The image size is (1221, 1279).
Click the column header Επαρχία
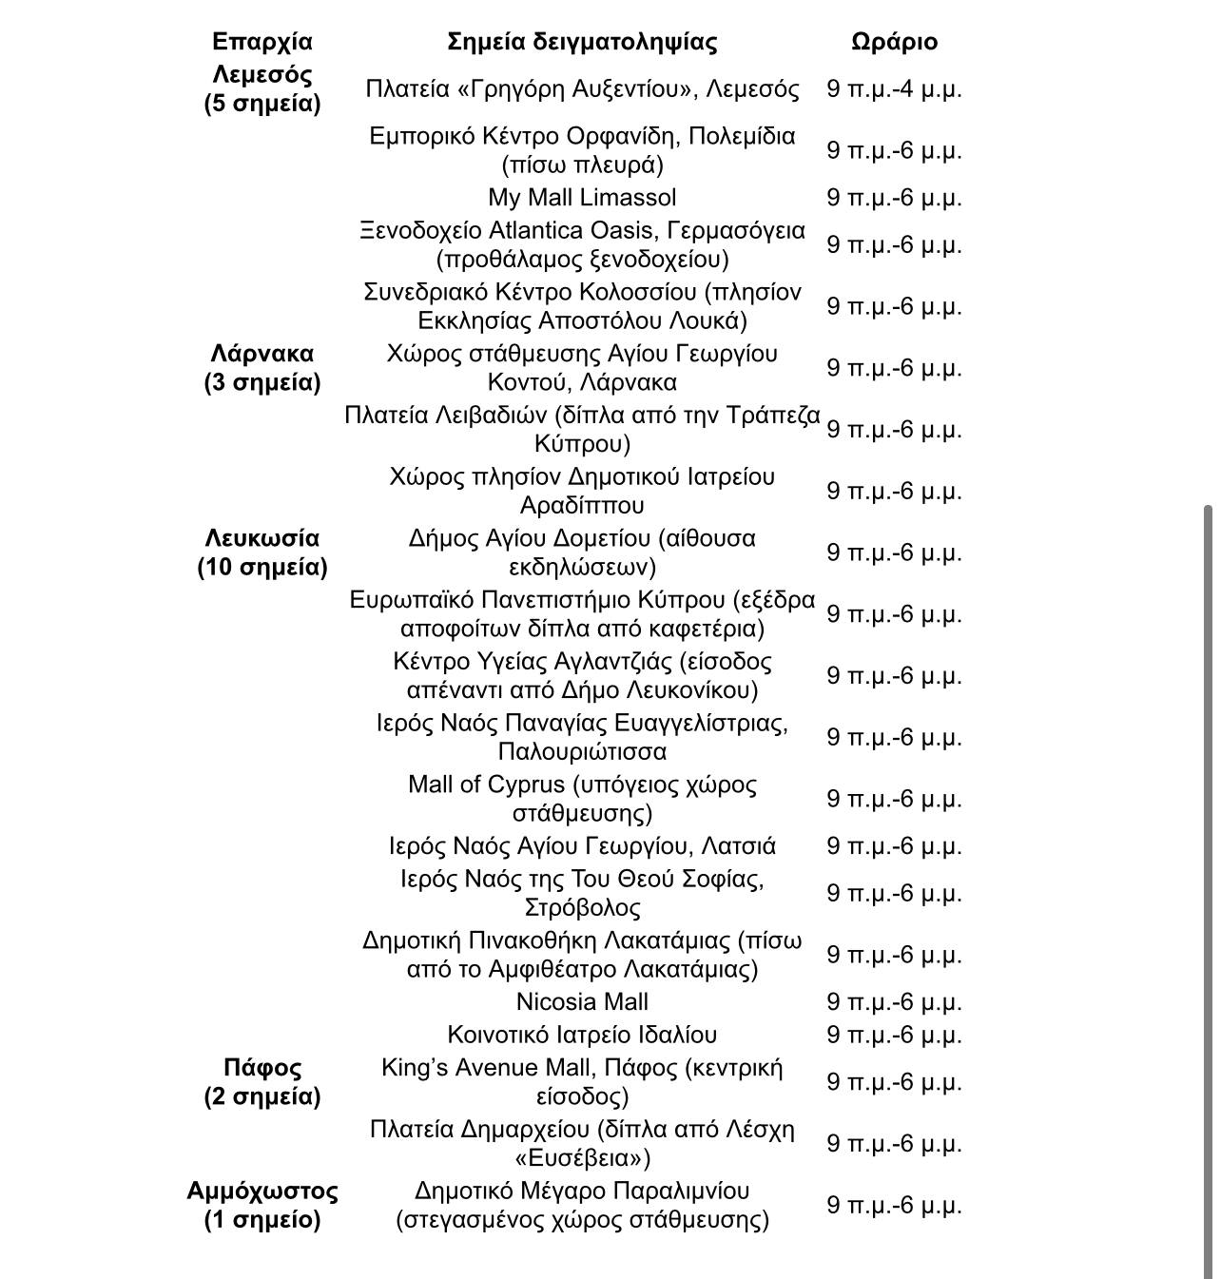pos(262,42)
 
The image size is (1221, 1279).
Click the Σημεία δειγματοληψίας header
pos(582,42)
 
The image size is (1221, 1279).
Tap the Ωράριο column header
pos(894,42)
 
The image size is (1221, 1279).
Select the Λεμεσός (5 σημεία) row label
pos(262,88)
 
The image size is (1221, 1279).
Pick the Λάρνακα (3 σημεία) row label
pos(262,368)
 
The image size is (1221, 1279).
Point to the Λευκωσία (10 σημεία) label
pos(262,552)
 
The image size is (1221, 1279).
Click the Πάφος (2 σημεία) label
pos(262,1082)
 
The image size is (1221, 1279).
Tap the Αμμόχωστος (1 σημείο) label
pos(262,1205)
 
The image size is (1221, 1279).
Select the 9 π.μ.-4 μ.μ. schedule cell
pos(894,89)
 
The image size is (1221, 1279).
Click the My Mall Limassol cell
pos(582,198)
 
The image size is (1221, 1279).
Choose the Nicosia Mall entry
pos(582,1002)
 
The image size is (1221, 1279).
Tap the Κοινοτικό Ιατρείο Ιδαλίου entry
pos(582,1035)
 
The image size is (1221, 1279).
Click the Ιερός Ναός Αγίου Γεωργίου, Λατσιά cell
pos(582,846)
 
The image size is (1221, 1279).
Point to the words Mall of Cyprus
pos(486,785)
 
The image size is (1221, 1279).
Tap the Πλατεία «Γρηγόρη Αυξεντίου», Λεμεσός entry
pos(582,89)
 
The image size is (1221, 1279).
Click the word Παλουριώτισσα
pos(582,751)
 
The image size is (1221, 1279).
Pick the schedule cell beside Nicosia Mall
pos(894,1002)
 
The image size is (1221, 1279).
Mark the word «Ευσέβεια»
pos(582,1158)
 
